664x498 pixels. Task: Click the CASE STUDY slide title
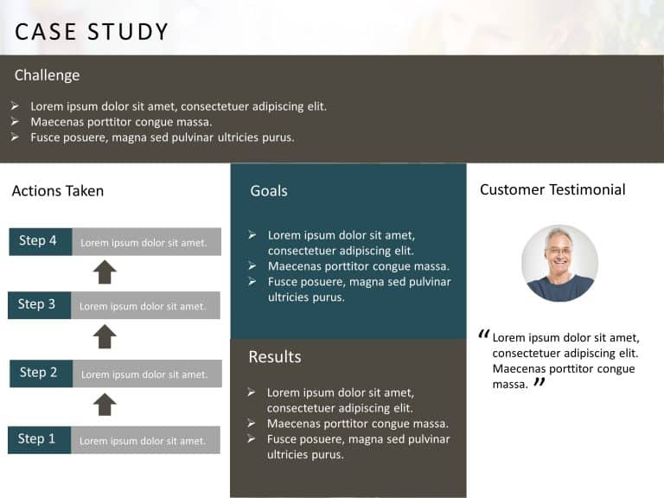click(x=92, y=32)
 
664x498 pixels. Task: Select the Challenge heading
click(x=47, y=75)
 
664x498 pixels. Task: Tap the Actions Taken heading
click(x=58, y=191)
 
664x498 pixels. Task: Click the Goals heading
click(x=269, y=190)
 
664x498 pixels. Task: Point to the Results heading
click(x=275, y=357)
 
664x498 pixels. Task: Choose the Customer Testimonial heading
click(x=552, y=189)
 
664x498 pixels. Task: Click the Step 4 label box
click(x=40, y=241)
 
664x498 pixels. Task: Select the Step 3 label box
click(x=39, y=304)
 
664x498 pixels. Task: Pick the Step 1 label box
click(x=39, y=439)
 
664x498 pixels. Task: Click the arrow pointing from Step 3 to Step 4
click(x=105, y=272)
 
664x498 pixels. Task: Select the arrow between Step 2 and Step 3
click(x=105, y=336)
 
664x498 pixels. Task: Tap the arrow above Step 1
click(x=105, y=404)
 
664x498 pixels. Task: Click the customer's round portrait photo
click(x=559, y=263)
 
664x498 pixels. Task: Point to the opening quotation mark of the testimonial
click(x=483, y=334)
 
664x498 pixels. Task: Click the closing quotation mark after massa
click(x=539, y=382)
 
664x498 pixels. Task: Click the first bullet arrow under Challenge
click(x=16, y=106)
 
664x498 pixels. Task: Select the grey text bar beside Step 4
click(x=146, y=242)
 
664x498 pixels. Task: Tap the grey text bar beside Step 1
click(x=145, y=440)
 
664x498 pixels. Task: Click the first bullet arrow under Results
click(x=251, y=393)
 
